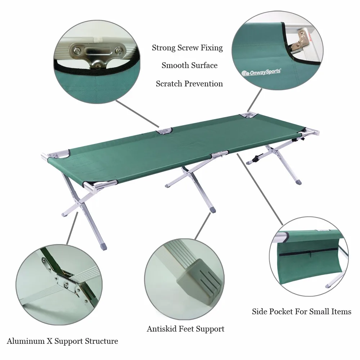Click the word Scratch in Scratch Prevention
pos(169,84)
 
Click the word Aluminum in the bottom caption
pos(24,341)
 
